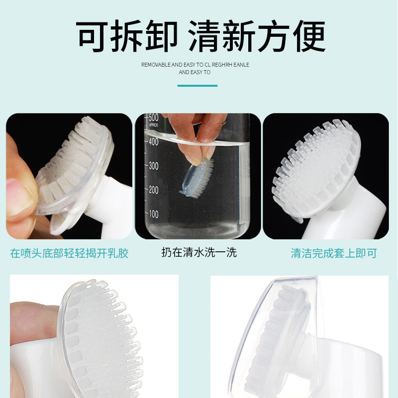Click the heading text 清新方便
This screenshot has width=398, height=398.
click(x=257, y=37)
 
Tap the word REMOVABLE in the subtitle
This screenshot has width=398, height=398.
click(x=156, y=65)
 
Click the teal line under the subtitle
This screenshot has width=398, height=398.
click(x=198, y=86)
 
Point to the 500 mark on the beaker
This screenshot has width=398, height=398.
click(x=153, y=118)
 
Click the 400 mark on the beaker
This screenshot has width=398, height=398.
click(x=153, y=142)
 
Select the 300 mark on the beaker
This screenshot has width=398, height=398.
click(x=153, y=166)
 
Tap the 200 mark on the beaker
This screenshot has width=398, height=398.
click(x=153, y=190)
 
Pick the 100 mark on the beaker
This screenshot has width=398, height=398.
click(x=153, y=214)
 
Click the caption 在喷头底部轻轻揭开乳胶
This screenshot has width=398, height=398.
click(x=69, y=253)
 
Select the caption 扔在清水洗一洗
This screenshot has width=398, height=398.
click(x=199, y=252)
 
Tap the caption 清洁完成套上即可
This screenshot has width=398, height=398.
click(x=333, y=253)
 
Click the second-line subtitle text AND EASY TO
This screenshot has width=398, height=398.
click(x=194, y=73)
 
